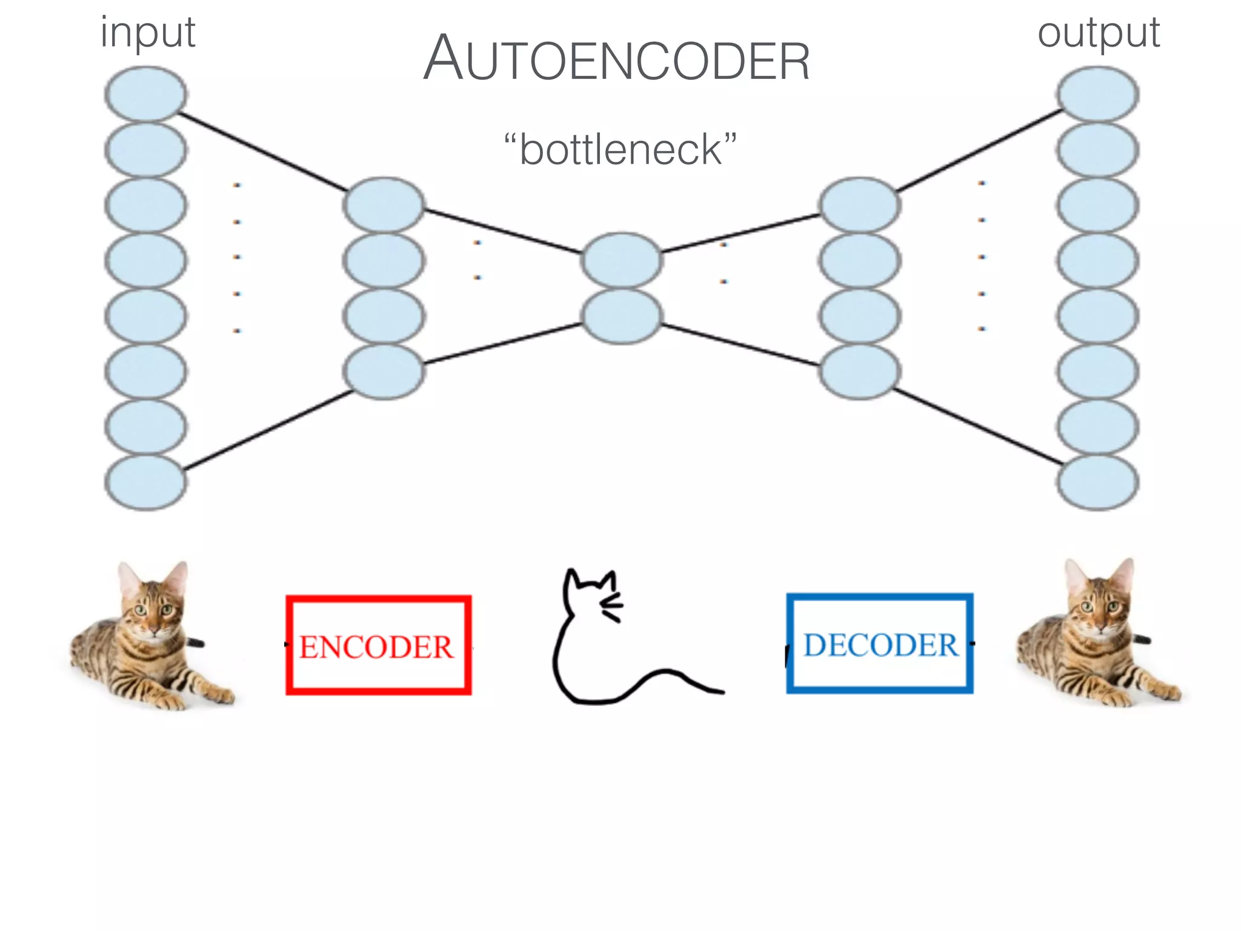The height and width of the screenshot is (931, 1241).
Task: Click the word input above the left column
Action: pos(148,33)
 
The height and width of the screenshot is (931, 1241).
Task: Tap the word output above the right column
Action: pos(1098,33)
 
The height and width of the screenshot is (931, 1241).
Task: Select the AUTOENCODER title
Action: pos(616,59)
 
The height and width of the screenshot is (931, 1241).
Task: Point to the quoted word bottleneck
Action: pos(620,149)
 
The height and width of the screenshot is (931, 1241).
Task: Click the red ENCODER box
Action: pos(378,645)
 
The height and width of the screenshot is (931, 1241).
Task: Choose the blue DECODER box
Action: pos(880,644)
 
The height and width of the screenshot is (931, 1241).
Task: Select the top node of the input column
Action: pos(145,94)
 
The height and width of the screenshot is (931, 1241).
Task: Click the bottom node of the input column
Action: pos(145,482)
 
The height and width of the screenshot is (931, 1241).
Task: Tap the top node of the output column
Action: pos(1098,94)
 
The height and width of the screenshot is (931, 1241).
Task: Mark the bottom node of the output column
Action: pos(1098,482)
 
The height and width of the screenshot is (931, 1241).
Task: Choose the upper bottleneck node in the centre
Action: pos(622,261)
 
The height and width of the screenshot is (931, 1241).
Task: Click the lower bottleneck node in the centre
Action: pos(622,316)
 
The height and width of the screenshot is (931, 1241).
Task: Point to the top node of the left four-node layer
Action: pos(384,205)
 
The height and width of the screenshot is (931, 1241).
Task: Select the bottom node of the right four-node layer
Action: pos(859,371)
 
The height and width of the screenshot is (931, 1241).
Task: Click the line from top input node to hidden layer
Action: pos(261,151)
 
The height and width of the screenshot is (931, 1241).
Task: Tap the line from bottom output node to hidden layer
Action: pos(979,427)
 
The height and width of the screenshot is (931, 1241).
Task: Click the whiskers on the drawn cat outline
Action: pos(612,607)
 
